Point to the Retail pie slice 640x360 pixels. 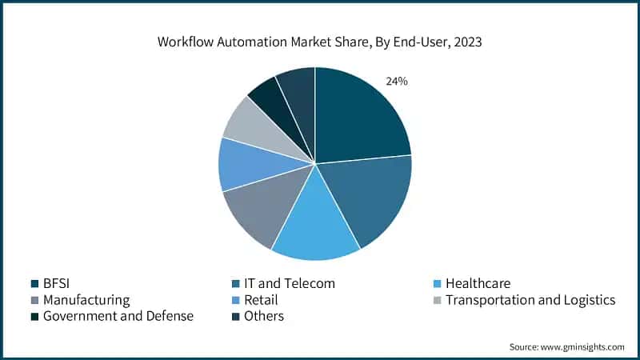point(248,164)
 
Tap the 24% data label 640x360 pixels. point(397,81)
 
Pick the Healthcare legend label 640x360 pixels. point(478,283)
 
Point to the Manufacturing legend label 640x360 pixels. point(87,300)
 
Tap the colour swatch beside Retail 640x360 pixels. point(233,300)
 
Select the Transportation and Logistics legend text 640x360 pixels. point(530,300)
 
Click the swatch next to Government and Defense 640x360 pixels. point(35,316)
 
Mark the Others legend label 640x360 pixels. point(265,316)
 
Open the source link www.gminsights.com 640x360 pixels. point(582,346)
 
